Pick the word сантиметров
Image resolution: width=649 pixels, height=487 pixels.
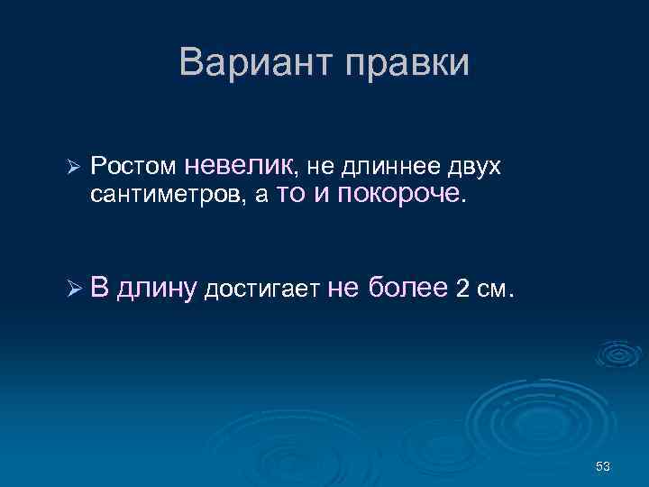point(167,197)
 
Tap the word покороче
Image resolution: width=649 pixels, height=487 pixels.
point(401,195)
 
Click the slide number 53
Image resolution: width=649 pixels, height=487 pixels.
point(604,465)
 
